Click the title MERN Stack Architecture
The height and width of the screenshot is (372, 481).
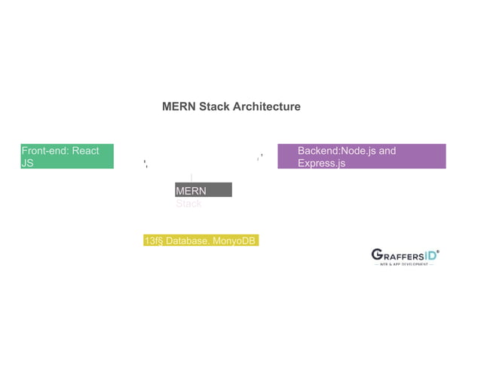[231, 106]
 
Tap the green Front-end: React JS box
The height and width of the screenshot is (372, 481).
[67, 156]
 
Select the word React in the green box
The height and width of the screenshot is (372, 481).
[85, 151]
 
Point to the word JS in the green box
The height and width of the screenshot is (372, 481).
[27, 163]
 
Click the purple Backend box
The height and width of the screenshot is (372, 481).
[361, 156]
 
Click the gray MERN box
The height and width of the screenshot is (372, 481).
[203, 190]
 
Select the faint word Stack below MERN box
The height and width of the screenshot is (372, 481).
[188, 204]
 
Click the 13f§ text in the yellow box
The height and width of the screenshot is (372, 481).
[154, 241]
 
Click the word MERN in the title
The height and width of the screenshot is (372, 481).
[179, 106]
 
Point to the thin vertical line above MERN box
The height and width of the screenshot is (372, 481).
[191, 177]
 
